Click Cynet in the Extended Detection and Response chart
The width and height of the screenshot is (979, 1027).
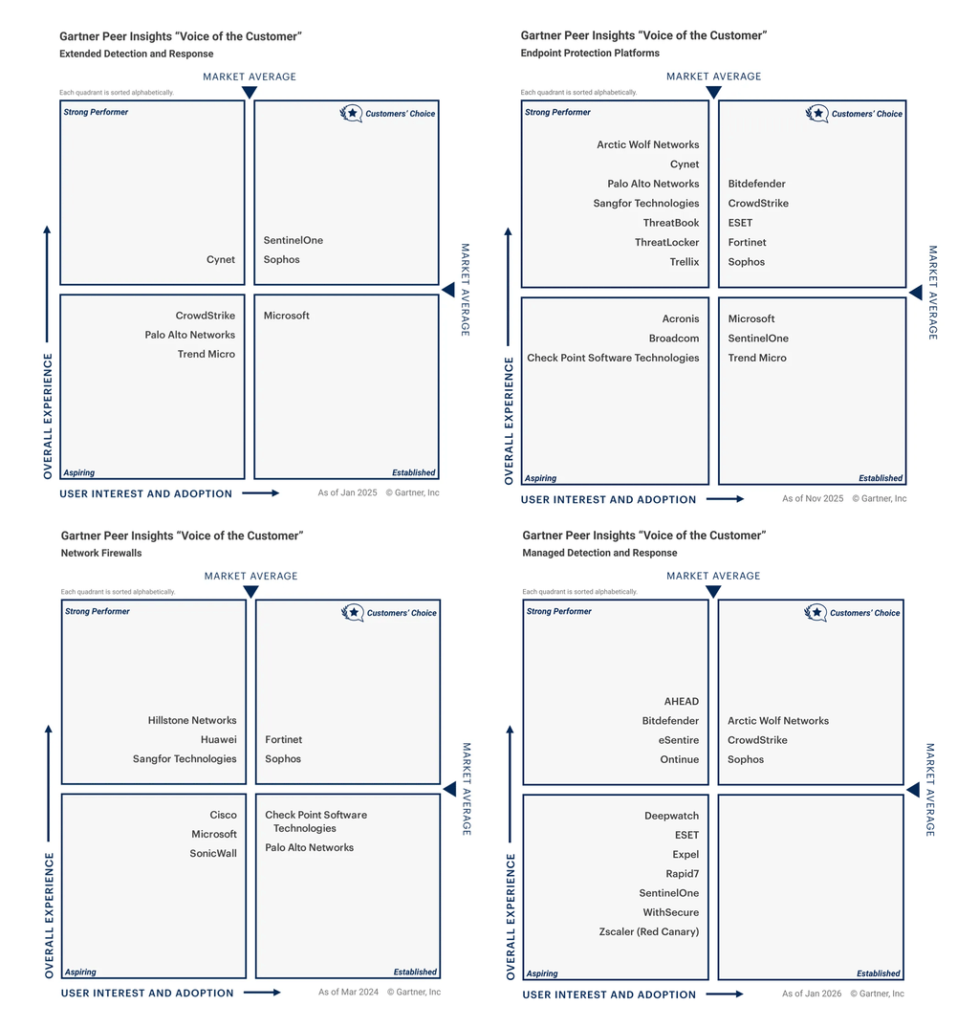(221, 260)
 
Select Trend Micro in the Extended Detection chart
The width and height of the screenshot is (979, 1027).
(206, 355)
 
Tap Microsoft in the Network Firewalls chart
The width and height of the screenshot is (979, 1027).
(214, 835)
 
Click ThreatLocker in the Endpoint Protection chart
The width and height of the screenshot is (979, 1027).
(666, 243)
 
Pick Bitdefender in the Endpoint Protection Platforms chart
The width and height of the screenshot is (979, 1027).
(756, 184)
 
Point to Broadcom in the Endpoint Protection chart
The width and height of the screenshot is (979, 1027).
(674, 339)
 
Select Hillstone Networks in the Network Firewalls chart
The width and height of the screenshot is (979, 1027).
(192, 721)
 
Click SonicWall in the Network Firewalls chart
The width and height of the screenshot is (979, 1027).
(213, 854)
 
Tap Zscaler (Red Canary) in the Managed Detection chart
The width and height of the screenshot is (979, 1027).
(649, 932)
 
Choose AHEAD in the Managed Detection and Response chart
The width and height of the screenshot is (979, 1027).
(682, 702)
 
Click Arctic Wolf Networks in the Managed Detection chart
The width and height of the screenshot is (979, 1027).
(778, 721)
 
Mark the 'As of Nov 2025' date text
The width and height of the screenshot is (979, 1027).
(813, 499)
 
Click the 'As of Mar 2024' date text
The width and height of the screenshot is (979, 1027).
(348, 993)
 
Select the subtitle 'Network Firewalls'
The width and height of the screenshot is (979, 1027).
(101, 554)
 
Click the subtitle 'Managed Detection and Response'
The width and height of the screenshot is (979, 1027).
(599, 554)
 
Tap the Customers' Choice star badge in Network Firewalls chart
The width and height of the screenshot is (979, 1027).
(353, 613)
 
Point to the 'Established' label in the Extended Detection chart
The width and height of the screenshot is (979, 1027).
(413, 473)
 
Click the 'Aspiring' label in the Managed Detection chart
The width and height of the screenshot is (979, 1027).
(542, 974)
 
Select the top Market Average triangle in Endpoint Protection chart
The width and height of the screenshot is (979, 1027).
(713, 93)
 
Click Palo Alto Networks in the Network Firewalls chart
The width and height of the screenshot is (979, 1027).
(309, 848)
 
